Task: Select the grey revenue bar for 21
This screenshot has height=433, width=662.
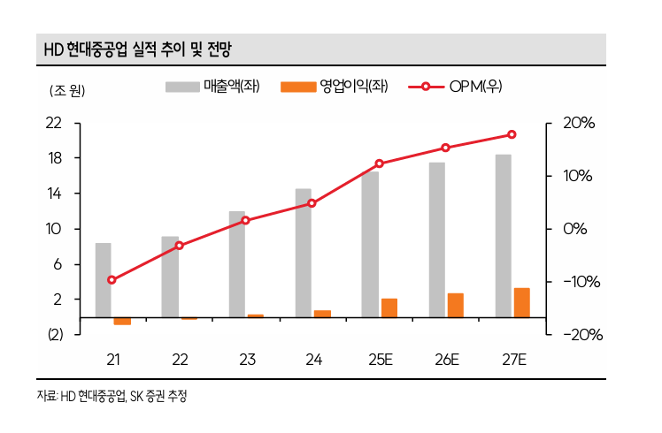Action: point(104,279)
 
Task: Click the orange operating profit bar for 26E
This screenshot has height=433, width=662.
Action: point(455,305)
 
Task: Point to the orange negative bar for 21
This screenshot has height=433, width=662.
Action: point(122,321)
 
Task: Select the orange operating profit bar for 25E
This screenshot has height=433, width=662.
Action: point(389,308)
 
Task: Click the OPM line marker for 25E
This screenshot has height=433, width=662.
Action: point(380,163)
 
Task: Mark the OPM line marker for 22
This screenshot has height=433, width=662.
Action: point(179,245)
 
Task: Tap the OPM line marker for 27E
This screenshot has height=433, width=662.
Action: point(512,134)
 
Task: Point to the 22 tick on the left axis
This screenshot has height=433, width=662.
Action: point(55,123)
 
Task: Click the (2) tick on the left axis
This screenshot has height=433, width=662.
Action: point(55,335)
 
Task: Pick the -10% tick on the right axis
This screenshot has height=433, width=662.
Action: point(579,282)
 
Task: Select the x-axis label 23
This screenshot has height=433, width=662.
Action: point(246,359)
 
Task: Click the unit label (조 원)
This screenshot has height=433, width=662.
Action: point(62,89)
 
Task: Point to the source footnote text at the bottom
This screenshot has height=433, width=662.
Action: point(112,396)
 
